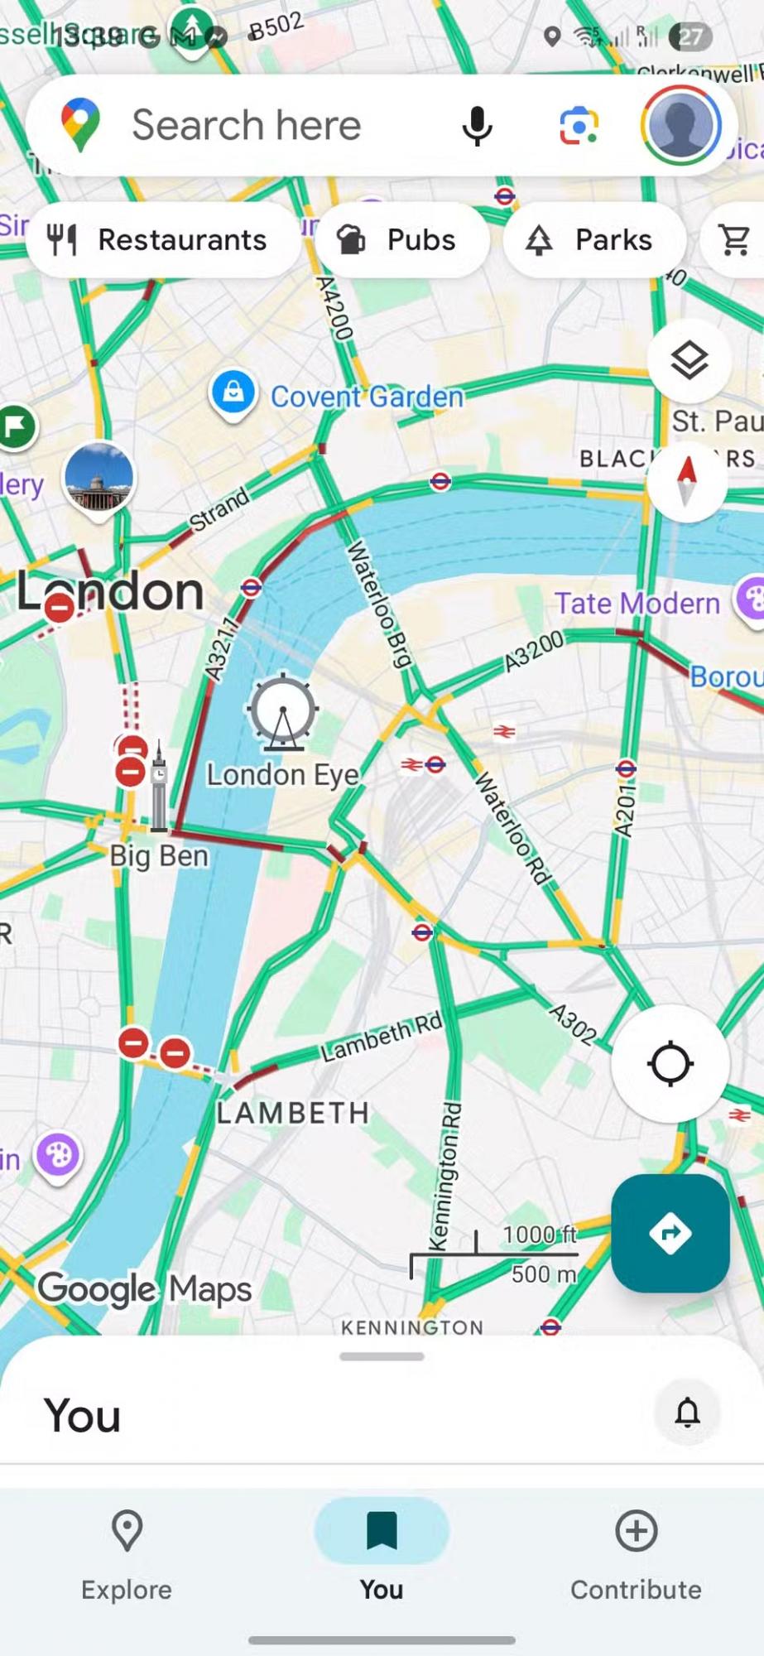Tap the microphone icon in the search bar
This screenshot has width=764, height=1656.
pyautogui.click(x=477, y=126)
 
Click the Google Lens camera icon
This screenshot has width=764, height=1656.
pyautogui.click(x=579, y=126)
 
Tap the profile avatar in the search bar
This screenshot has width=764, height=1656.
pyautogui.click(x=680, y=125)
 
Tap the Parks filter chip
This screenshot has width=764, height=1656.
pyautogui.click(x=593, y=240)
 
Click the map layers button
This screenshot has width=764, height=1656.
pyautogui.click(x=689, y=361)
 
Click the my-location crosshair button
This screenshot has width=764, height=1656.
pyautogui.click(x=670, y=1064)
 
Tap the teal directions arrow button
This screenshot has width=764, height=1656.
pyautogui.click(x=670, y=1233)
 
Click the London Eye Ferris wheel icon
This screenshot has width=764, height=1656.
pyautogui.click(x=282, y=712)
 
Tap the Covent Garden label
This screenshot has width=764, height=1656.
pyautogui.click(x=367, y=397)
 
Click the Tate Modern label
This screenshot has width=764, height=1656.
pyautogui.click(x=637, y=603)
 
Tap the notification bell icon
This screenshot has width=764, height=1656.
pyautogui.click(x=687, y=1413)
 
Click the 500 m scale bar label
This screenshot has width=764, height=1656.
pyautogui.click(x=544, y=1274)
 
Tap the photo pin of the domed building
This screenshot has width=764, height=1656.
pyautogui.click(x=99, y=478)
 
